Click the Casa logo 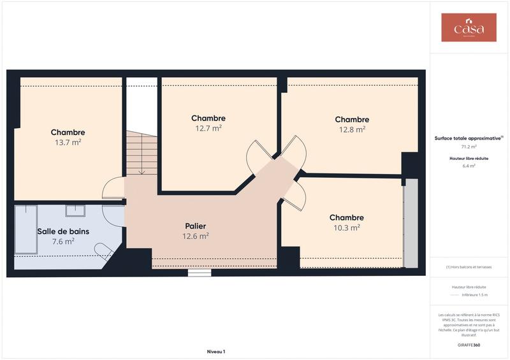pos(469,28)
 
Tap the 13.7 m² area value pos(68,143)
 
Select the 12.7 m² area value pos(208,128)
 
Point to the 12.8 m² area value pos(352,129)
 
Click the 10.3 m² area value pos(347,227)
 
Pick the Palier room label pos(195,226)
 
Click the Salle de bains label pos(63,231)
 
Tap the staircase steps pos(142,153)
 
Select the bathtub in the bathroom pos(26,229)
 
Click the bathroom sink pos(75,210)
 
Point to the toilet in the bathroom pos(103,250)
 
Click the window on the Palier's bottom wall pos(200,273)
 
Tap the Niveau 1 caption pos(216,351)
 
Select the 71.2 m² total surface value pos(469,147)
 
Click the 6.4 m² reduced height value pos(469,166)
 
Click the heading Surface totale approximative pos(469,138)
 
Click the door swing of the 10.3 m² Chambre pos(293,196)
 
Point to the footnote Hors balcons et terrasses pos(469,267)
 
